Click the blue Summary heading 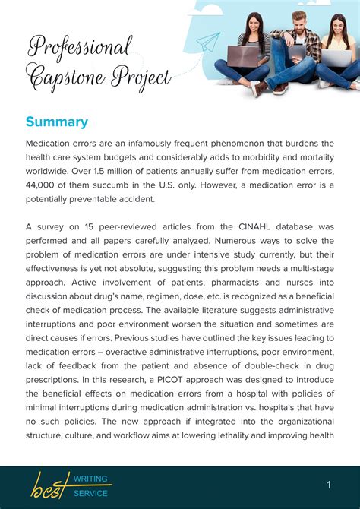pyautogui.click(x=57, y=122)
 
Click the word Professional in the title pyautogui.click(x=80, y=47)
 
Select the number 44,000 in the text pyautogui.click(x=45, y=185)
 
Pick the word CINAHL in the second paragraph pyautogui.click(x=241, y=227)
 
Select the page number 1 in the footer pyautogui.click(x=329, y=484)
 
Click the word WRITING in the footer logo pyautogui.click(x=92, y=479)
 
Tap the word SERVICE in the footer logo pyautogui.click(x=91, y=493)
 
